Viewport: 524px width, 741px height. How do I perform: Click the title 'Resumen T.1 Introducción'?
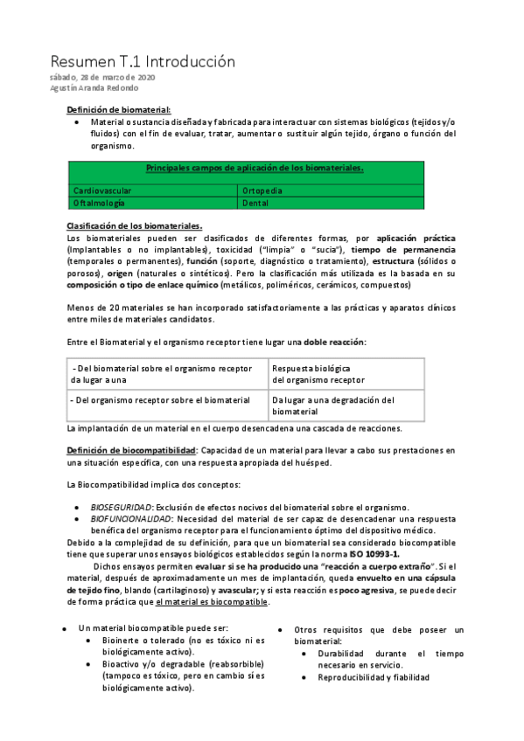(x=143, y=62)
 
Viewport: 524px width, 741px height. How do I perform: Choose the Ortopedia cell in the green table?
(x=262, y=190)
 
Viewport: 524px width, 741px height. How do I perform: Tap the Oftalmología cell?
(x=101, y=202)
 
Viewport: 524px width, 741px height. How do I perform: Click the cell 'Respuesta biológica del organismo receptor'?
(x=318, y=374)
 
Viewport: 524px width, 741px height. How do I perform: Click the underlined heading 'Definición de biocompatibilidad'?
(x=131, y=449)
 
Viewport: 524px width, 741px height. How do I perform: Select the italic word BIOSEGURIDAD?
(x=122, y=507)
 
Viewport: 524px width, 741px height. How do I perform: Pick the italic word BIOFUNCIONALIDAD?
(x=129, y=519)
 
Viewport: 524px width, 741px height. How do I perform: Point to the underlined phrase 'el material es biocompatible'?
(x=213, y=601)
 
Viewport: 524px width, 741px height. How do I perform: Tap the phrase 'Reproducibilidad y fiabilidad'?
(x=374, y=677)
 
